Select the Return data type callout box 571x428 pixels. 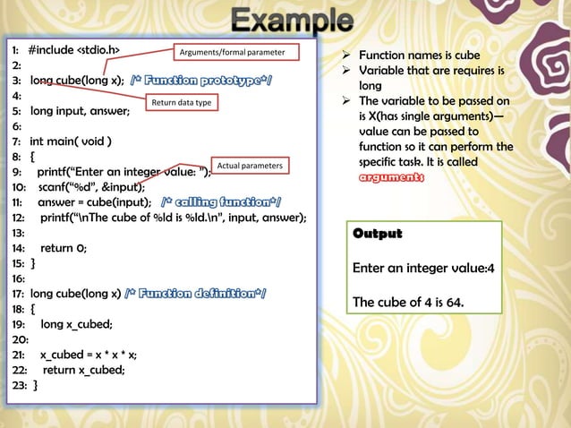(182, 104)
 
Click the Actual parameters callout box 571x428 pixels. (251, 167)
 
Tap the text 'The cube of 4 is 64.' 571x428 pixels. (408, 302)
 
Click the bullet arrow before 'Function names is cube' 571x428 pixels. (340, 56)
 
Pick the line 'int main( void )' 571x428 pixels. (71, 141)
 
